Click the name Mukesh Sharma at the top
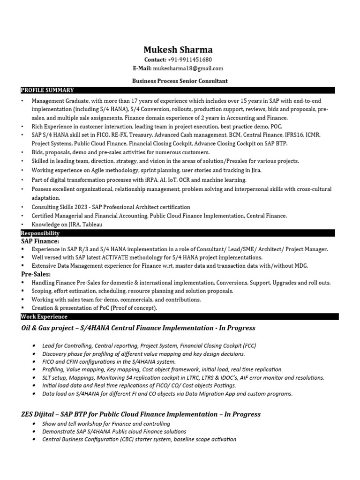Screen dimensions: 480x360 178,49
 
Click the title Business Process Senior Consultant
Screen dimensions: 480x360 180,81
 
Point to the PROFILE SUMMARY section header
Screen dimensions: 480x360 47,90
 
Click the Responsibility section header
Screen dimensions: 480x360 40,233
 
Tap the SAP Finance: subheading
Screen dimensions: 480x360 40,241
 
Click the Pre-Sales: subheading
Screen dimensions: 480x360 36,274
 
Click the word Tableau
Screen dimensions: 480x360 92,225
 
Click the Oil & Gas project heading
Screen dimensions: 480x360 138,328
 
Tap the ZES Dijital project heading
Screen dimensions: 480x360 141,414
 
